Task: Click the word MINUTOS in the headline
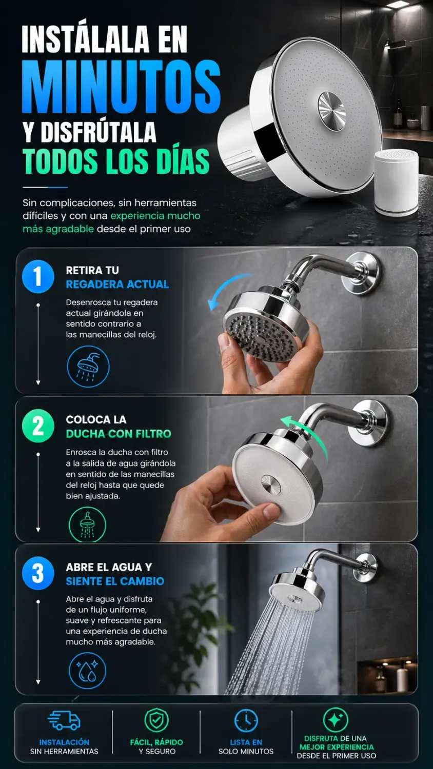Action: [x=121, y=87]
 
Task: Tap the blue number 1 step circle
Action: [x=38, y=276]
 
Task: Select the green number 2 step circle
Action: [x=38, y=426]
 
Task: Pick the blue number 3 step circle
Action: [x=38, y=573]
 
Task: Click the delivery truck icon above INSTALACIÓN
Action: [x=64, y=720]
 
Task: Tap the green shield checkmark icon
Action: [x=156, y=720]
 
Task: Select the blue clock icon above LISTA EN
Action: [x=246, y=720]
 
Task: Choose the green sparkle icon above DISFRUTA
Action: [x=336, y=720]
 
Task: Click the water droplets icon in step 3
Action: [x=88, y=671]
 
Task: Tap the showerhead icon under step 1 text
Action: [x=88, y=367]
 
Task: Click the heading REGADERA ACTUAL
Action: [x=117, y=284]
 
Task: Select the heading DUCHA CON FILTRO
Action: [x=118, y=434]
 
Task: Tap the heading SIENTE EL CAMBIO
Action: [x=115, y=581]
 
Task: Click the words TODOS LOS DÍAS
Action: [x=116, y=161]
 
